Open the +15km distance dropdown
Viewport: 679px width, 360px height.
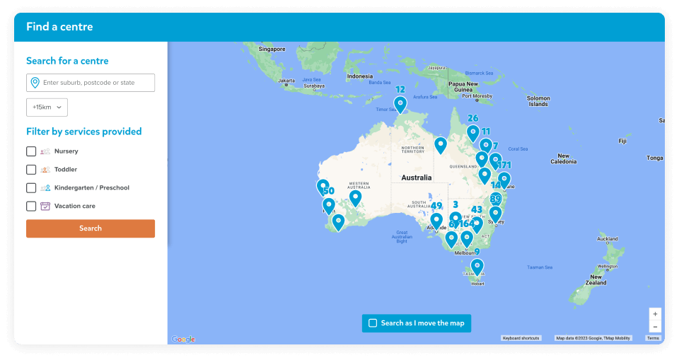[47, 107]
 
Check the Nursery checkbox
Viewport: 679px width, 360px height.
[31, 151]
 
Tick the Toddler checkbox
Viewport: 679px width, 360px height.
[31, 170]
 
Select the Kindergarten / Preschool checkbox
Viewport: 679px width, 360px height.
[31, 188]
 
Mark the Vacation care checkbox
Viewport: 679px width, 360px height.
[31, 207]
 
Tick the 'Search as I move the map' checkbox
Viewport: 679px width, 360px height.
[373, 323]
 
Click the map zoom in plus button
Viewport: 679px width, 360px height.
[655, 313]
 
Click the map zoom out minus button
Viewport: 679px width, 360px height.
[655, 326]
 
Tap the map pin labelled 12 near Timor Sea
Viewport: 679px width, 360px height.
[400, 105]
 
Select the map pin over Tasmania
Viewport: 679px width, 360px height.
[477, 267]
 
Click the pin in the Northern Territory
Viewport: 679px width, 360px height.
[441, 146]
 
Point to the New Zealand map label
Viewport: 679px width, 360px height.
[596, 279]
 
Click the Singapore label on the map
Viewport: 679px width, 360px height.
[272, 49]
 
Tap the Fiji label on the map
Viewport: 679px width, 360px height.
[622, 141]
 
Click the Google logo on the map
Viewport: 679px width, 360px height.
[183, 339]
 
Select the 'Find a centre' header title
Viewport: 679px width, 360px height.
[59, 27]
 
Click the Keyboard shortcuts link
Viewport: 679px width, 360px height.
[521, 338]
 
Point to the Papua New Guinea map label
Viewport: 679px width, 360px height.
[463, 87]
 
